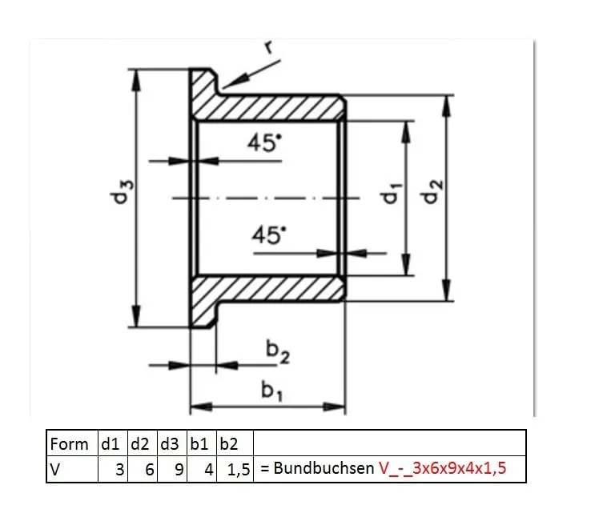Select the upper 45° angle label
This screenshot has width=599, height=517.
(265, 144)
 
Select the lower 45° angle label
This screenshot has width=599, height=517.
(267, 235)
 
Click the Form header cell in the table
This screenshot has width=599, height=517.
(70, 443)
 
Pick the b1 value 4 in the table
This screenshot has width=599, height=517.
(207, 470)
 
